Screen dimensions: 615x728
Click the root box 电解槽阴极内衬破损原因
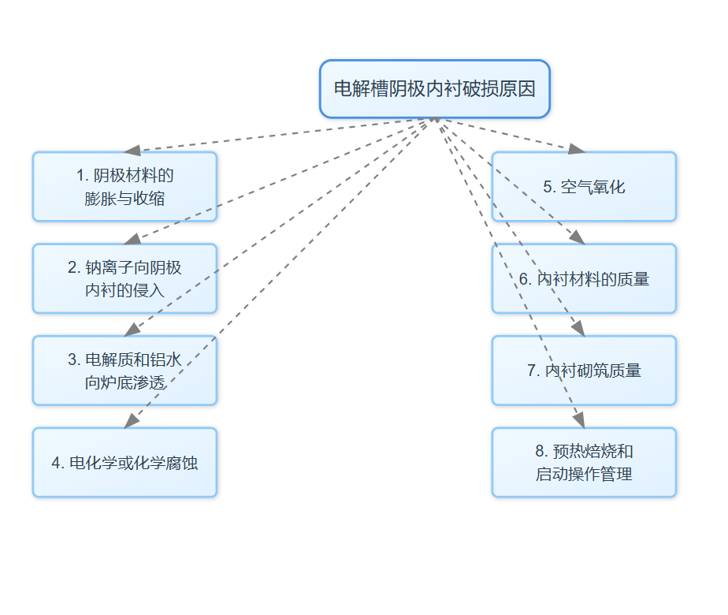434,89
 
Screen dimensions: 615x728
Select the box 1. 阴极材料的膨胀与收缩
124,186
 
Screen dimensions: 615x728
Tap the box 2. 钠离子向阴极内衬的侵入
124,278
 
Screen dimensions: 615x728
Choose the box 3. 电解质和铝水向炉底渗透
124,371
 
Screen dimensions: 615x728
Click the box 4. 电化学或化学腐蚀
124,462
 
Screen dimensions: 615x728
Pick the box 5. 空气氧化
584,186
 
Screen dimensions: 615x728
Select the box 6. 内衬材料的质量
584,278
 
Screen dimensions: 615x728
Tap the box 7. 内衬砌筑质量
584,371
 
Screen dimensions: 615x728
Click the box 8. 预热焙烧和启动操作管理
584,462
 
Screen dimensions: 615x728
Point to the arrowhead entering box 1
132,150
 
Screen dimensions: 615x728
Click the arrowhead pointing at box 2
132,240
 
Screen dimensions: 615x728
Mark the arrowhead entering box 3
132,330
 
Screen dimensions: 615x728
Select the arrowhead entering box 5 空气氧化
577,148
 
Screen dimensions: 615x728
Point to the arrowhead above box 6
578,238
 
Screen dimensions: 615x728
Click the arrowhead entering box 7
578,330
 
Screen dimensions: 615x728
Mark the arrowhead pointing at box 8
579,421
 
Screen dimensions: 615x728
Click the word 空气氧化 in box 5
593,187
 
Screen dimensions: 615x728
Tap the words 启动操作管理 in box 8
584,474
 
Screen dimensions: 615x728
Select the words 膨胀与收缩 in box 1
124,198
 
